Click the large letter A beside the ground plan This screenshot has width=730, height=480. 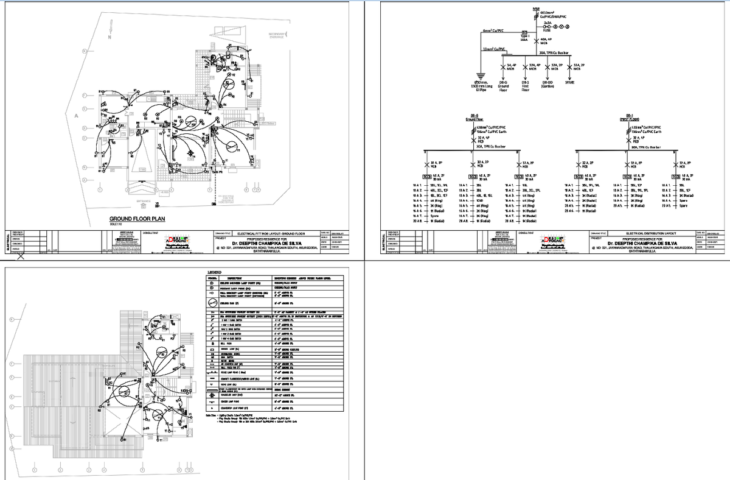click(x=77, y=115)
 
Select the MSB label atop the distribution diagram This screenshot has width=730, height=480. click(x=535, y=9)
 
